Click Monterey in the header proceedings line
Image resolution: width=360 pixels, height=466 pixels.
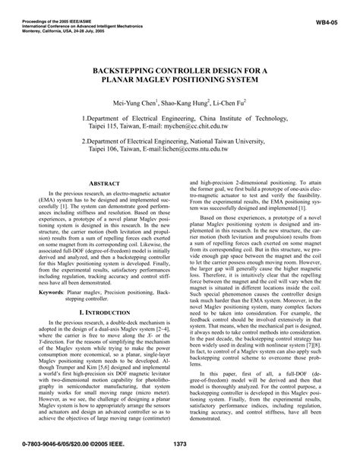(16, 19)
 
